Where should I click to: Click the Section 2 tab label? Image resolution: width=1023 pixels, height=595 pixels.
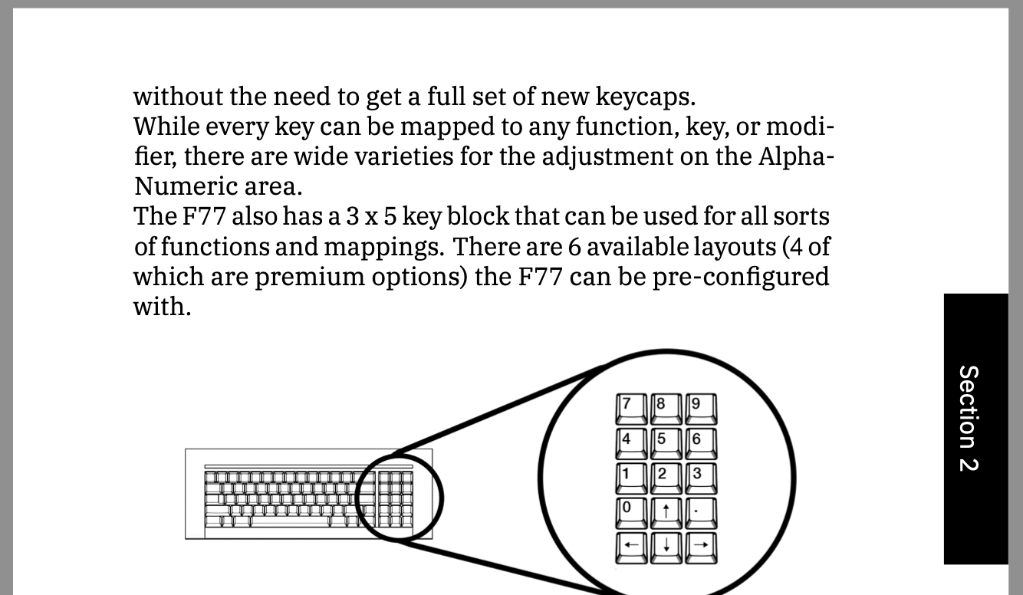(x=969, y=418)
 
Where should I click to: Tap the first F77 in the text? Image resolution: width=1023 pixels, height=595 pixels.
(x=203, y=216)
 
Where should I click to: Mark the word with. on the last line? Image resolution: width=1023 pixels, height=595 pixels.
(x=162, y=306)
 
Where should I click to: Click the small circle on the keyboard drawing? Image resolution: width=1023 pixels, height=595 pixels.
(x=400, y=498)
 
